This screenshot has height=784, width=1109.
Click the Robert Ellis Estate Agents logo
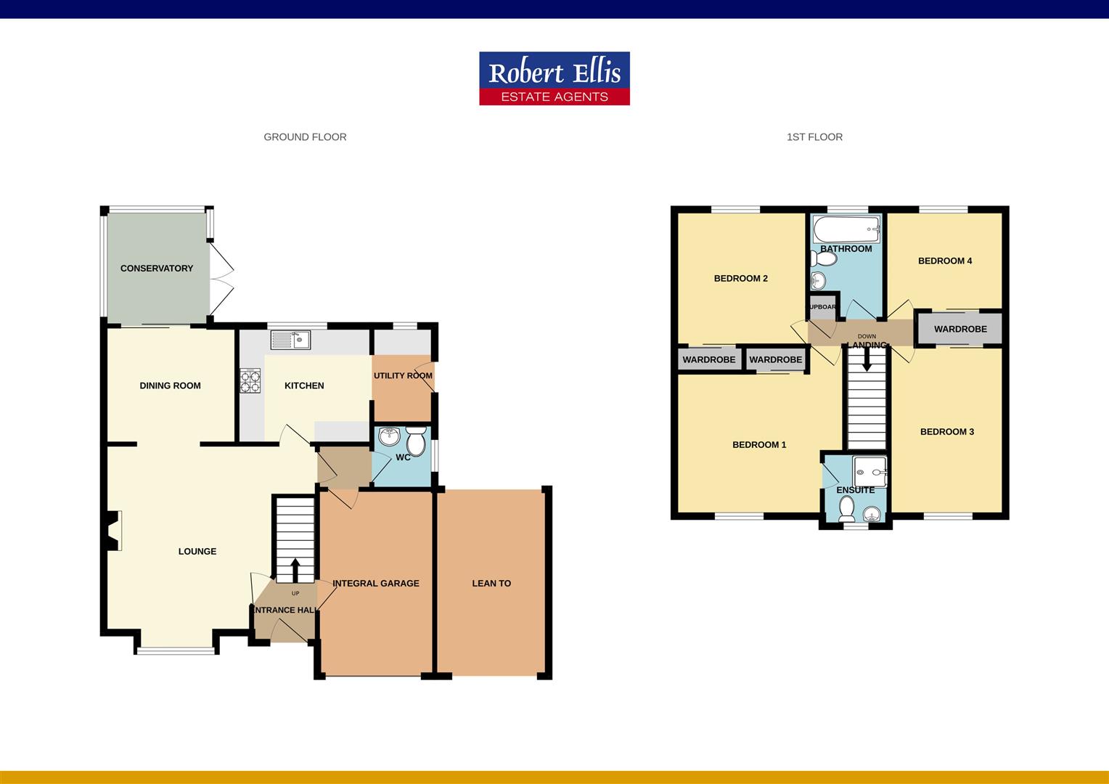pos(554,78)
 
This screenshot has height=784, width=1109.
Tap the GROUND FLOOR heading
pos(305,136)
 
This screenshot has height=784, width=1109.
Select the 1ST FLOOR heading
pos(814,136)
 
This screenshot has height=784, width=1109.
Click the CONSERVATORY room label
pos(157,269)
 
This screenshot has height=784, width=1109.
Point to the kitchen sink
pos(290,340)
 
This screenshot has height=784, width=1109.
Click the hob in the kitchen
pos(250,380)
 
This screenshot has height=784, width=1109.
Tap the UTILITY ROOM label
pos(403,376)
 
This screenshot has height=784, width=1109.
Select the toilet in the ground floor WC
pos(416,440)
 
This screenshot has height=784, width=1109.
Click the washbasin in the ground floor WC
pos(390,437)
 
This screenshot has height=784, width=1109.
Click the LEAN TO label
pos(491,583)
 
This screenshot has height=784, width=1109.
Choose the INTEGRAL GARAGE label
pos(376,583)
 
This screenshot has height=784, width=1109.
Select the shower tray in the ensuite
pos(870,471)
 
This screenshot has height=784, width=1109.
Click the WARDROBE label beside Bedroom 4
pos(960,329)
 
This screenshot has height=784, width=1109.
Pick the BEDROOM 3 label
pos(947,432)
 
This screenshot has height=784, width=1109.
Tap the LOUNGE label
pos(197,552)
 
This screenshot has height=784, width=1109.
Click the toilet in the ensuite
pos(846,510)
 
